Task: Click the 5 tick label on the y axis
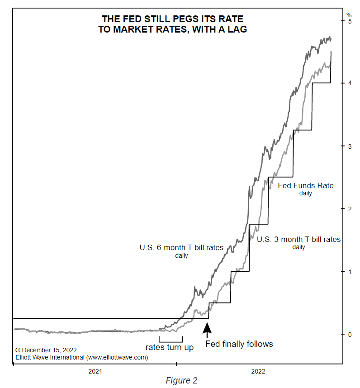coord(349,21)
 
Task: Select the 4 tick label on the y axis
coord(349,83)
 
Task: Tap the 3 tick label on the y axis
coord(349,146)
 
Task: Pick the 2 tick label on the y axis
coord(349,208)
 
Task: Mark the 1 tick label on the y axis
coord(349,271)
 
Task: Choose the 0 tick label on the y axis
coord(349,334)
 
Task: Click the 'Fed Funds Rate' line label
coord(305,185)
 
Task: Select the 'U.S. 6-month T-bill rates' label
coord(181,248)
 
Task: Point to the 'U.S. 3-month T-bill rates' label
coord(298,239)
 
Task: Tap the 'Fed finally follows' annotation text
coord(239,344)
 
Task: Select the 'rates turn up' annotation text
coord(170,347)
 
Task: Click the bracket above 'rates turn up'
coord(171,340)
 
